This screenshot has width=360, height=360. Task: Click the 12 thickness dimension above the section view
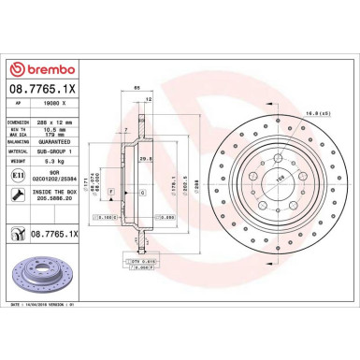pos(149,96)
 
